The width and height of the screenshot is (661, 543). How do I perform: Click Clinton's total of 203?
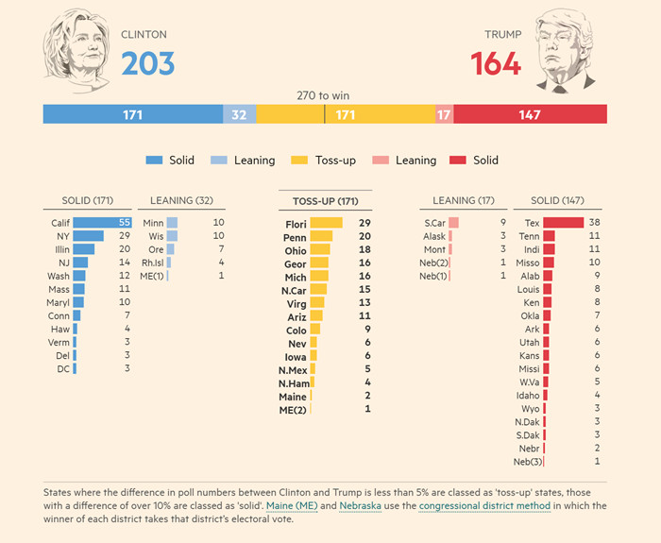tap(147, 63)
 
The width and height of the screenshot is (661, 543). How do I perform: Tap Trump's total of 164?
tap(496, 63)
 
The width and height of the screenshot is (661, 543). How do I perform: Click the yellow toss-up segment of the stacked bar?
tap(345, 114)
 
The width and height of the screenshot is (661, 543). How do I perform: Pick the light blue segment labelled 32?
tap(239, 114)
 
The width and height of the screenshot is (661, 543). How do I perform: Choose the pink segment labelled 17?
tap(444, 114)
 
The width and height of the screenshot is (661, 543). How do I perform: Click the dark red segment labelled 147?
tap(530, 114)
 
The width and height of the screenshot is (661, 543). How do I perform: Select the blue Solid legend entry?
tap(171, 161)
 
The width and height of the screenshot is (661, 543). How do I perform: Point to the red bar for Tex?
tap(564, 223)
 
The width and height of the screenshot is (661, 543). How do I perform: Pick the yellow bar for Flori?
tap(327, 224)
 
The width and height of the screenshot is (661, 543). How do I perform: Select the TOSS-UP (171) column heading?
tap(325, 200)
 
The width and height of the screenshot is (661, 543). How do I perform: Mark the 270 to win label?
tap(323, 95)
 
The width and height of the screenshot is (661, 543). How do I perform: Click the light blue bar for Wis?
tap(172, 236)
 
